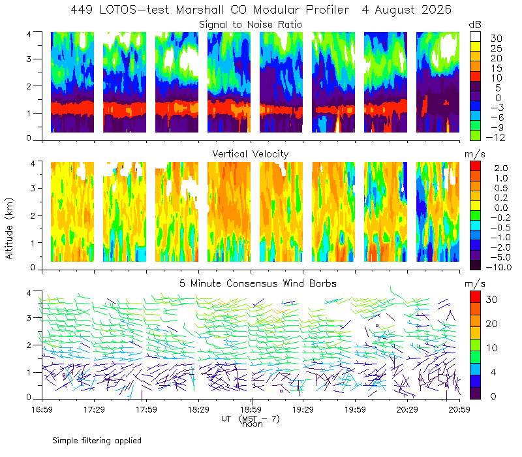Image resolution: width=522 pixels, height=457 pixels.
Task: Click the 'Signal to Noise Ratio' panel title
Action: (x=251, y=25)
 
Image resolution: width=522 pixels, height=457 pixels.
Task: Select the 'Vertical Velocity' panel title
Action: (x=251, y=154)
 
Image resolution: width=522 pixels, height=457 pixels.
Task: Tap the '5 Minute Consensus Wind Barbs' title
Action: (x=258, y=283)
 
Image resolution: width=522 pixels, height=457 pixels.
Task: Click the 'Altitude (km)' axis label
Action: (x=9, y=228)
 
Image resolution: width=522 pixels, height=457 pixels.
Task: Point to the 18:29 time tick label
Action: (x=198, y=409)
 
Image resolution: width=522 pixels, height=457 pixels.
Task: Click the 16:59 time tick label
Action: (x=42, y=409)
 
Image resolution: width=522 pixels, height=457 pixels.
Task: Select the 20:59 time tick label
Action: (x=459, y=409)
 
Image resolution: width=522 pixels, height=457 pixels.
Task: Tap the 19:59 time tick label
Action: (x=355, y=409)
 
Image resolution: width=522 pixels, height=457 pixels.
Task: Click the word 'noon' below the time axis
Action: (x=253, y=424)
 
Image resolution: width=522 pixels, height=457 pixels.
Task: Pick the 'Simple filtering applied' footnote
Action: (x=97, y=441)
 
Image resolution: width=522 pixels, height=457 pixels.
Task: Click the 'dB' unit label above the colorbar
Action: (x=475, y=25)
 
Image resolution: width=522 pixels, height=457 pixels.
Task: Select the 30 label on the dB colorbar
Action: (x=496, y=39)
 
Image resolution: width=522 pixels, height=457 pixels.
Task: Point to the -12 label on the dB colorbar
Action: (x=495, y=137)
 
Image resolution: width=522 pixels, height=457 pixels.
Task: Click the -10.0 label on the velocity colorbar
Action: (x=499, y=267)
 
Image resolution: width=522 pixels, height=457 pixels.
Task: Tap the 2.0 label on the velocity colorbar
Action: (x=501, y=168)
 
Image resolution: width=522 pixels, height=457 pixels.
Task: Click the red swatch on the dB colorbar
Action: (x=475, y=76)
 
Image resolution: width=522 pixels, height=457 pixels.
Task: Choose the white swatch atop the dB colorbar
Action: (x=475, y=37)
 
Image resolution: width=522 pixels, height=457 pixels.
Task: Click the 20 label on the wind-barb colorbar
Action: (x=492, y=323)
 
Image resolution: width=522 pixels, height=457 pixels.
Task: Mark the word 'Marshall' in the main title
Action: (x=195, y=10)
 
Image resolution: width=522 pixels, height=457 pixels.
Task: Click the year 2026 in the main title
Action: (x=437, y=10)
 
